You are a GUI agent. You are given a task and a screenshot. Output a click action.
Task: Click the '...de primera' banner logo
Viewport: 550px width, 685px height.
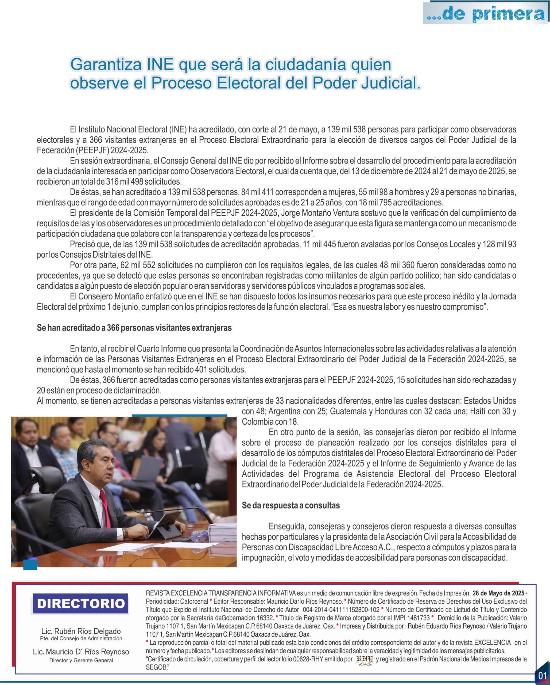pyautogui.click(x=486, y=13)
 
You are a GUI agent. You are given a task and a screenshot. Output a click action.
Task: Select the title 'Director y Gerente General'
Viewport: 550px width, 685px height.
pyautogui.click(x=81, y=660)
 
